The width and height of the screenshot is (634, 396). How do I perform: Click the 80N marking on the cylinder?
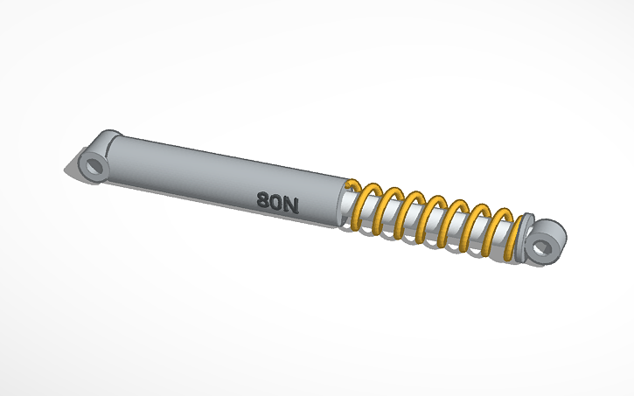(x=278, y=203)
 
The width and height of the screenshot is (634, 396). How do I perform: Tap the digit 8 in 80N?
(x=263, y=199)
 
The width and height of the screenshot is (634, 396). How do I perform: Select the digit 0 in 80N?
(x=277, y=203)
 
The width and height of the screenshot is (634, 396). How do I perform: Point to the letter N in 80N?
(x=291, y=206)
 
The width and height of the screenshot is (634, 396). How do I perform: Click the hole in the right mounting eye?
(x=544, y=246)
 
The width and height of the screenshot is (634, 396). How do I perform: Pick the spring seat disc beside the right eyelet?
(x=524, y=235)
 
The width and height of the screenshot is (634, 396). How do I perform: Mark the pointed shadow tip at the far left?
(x=66, y=168)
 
